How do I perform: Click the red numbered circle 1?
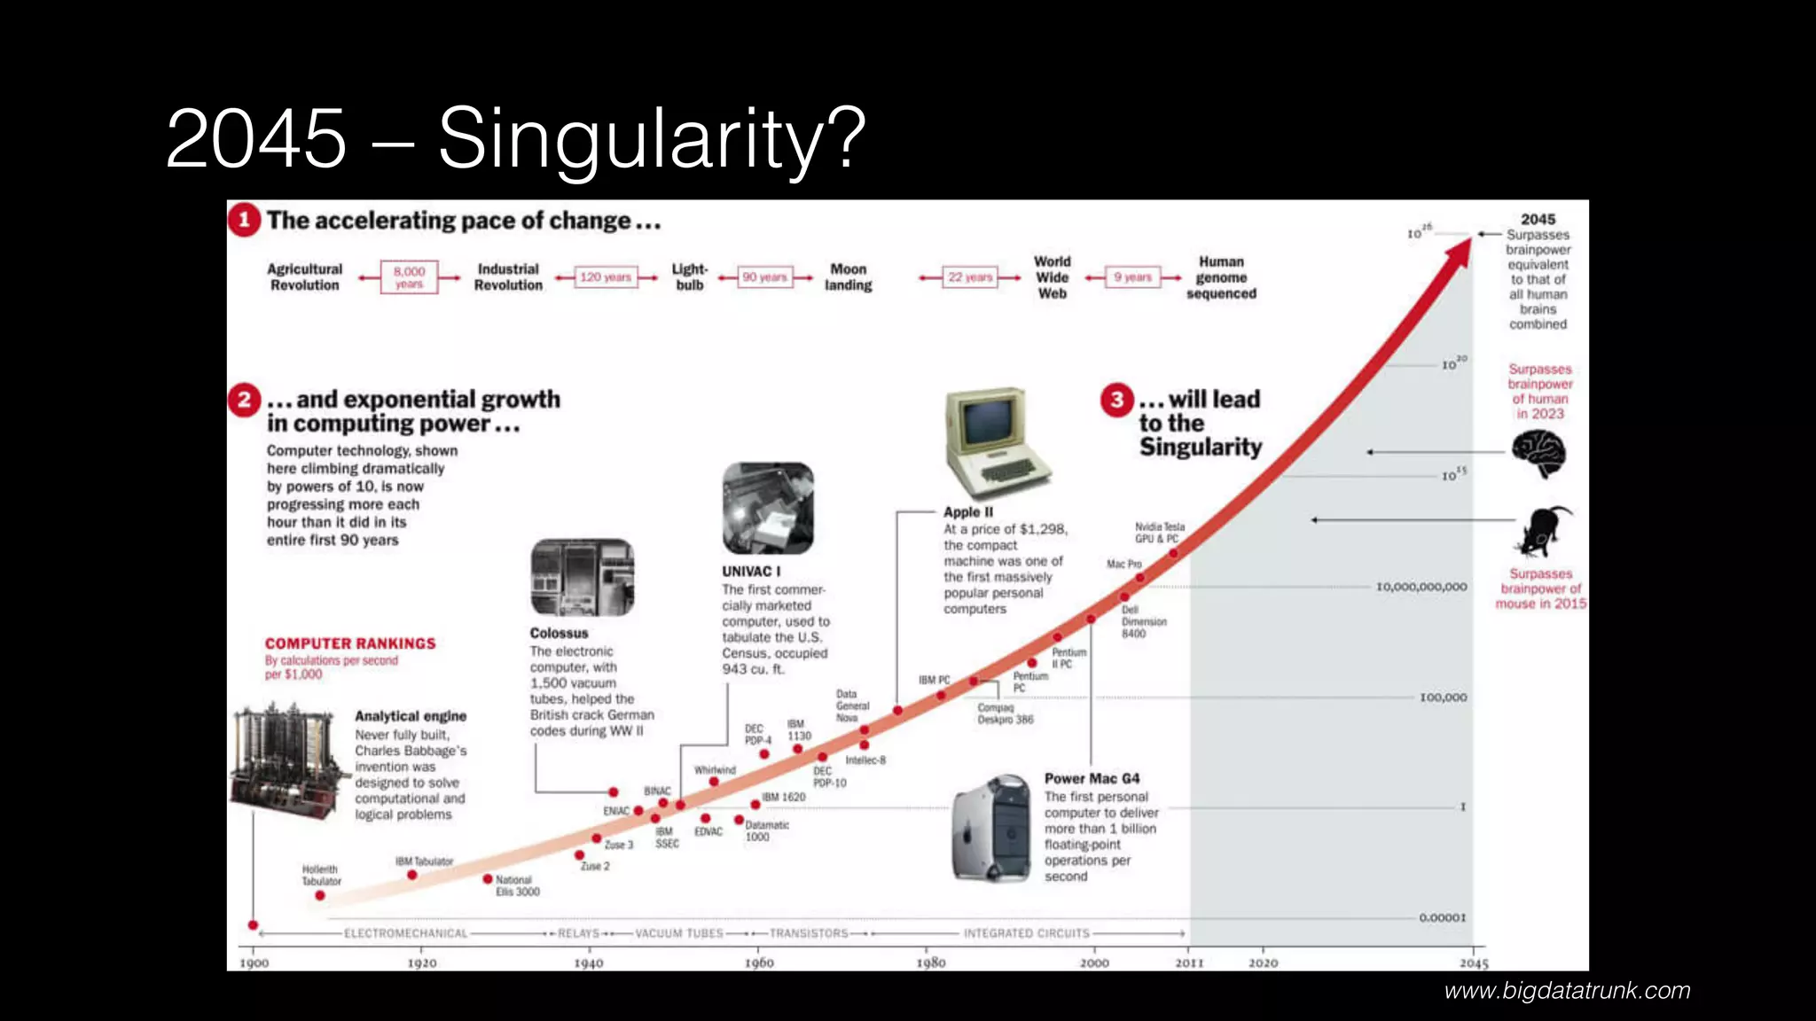[x=244, y=220]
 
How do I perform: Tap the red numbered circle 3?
[x=1117, y=400]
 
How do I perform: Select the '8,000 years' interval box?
[x=409, y=277]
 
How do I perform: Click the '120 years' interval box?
[x=606, y=277]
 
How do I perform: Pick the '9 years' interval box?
[x=1132, y=277]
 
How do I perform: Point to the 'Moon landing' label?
[x=849, y=277]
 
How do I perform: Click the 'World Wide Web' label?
[x=1053, y=277]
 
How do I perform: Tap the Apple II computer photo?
[x=996, y=441]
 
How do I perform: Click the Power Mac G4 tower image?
[x=991, y=829]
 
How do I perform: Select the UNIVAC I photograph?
[x=768, y=508]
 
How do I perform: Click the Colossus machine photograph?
[x=582, y=578]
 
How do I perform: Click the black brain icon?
[x=1538, y=453]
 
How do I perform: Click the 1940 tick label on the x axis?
[x=589, y=963]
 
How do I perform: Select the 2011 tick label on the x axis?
[x=1189, y=963]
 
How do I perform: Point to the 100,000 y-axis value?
[x=1443, y=698]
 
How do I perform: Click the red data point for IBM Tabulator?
[x=412, y=875]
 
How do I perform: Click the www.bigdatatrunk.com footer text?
[x=1567, y=991]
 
